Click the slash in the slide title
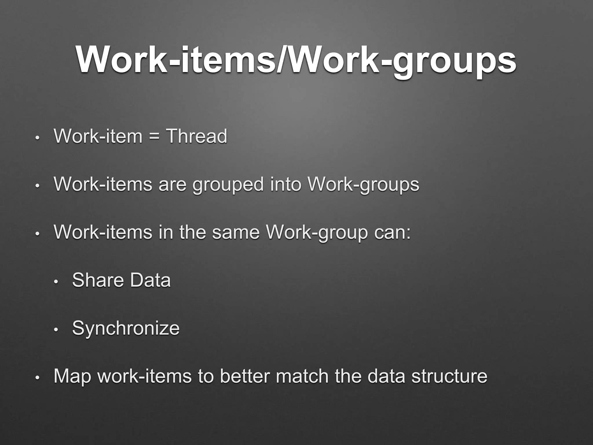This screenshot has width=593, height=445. tap(283, 59)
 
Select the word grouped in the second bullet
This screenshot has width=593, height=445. tap(228, 185)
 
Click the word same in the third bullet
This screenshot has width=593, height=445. tap(236, 232)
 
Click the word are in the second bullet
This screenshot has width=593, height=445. tap(173, 185)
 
